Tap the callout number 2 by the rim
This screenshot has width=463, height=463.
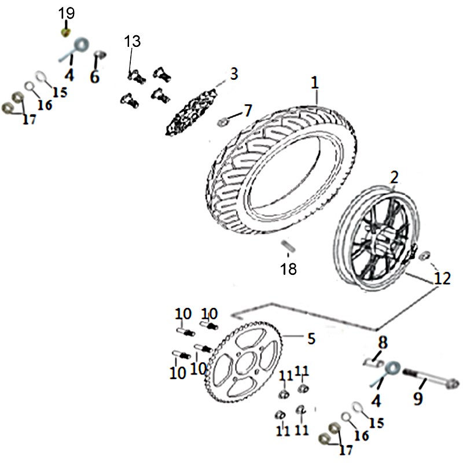394,178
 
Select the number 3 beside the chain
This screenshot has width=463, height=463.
233,74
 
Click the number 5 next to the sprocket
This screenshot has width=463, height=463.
311,339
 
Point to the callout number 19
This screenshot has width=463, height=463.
67,12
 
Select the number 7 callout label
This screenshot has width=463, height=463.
247,110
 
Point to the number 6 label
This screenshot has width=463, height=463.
94,77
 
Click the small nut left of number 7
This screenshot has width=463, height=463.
223,122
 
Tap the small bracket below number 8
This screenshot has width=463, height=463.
370,362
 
